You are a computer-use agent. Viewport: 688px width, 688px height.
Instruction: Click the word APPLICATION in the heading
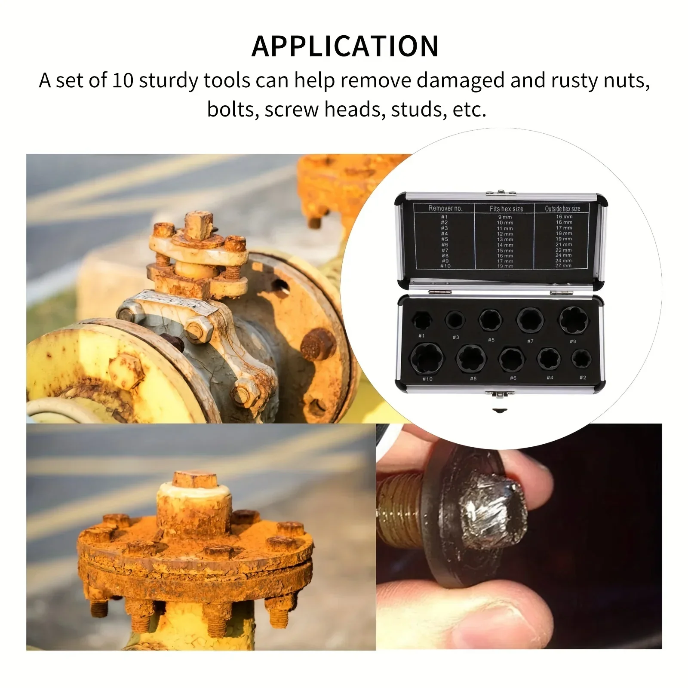pos(345,46)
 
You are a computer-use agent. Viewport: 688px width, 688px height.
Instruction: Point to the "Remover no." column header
pos(445,208)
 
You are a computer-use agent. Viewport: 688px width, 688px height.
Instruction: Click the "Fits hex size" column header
pos(506,209)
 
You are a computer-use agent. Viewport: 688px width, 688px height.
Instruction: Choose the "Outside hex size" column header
pos(562,209)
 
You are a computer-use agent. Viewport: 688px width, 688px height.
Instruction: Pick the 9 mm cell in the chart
pos(505,217)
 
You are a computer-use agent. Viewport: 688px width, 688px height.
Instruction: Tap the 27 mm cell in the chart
pos(563,266)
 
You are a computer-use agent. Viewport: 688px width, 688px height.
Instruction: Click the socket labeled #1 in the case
pos(422,321)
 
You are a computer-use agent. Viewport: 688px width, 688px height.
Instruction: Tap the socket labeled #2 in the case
pos(581,358)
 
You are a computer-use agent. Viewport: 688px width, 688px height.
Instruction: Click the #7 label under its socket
pos(530,341)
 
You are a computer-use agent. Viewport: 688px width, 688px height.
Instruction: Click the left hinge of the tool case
pos(439,292)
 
